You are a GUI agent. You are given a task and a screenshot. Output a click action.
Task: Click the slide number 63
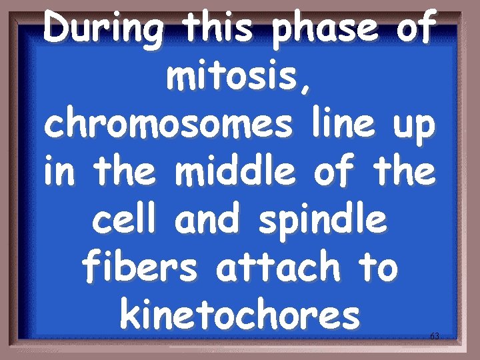(434, 336)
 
